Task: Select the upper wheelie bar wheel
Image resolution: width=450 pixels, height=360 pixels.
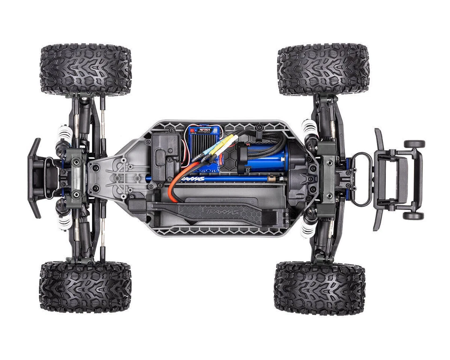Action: point(414,144)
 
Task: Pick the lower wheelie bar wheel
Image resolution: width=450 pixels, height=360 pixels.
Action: point(414,215)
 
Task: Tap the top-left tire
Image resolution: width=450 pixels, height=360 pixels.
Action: point(85,69)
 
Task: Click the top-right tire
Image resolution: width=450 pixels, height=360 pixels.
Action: point(323,69)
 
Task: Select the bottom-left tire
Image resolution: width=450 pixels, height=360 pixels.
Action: point(85,287)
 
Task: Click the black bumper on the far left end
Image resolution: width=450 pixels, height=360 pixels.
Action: point(34,178)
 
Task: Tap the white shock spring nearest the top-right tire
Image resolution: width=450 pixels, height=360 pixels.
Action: point(309,127)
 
